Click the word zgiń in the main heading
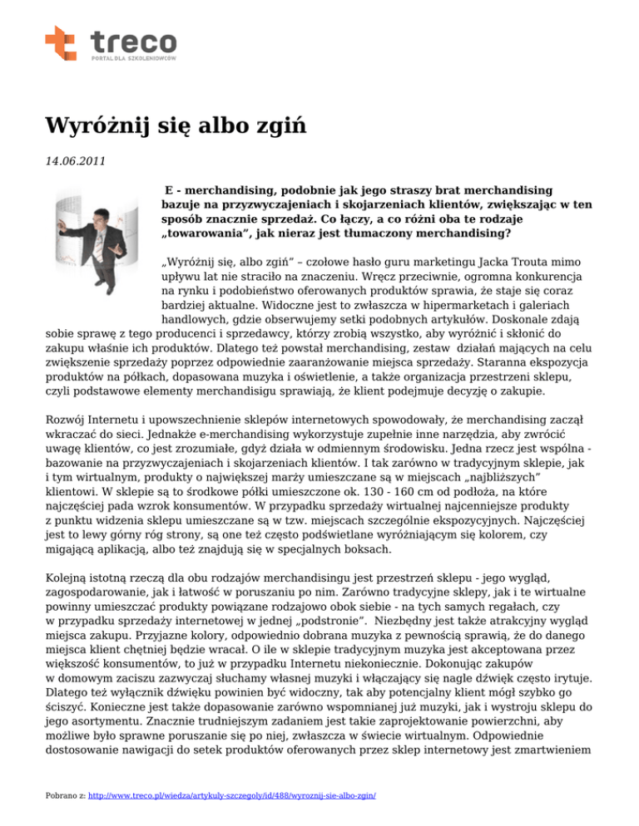click(280, 127)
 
